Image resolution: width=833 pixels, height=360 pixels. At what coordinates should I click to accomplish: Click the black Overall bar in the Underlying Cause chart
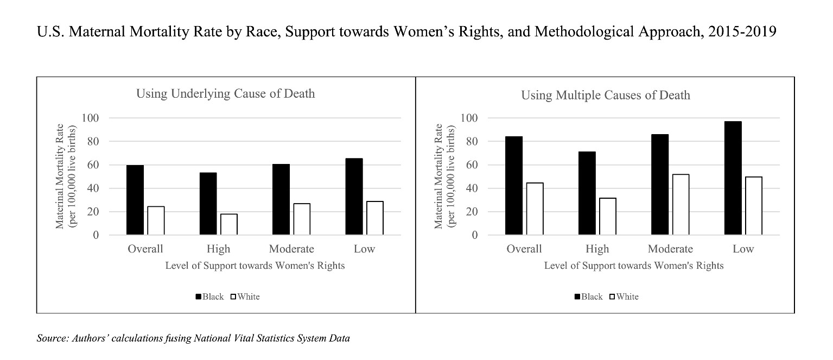click(135, 200)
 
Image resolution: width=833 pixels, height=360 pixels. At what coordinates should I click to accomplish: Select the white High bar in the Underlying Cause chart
click(228, 224)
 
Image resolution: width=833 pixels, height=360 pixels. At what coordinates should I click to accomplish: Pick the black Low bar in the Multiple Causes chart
click(732, 178)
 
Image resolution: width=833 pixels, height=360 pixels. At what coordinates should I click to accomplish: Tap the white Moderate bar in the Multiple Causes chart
click(680, 205)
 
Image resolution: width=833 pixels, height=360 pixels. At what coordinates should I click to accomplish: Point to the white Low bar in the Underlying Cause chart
click(374, 218)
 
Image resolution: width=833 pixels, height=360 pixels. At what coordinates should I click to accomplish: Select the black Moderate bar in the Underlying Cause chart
click(281, 199)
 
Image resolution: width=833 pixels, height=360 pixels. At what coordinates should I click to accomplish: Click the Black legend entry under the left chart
click(209, 296)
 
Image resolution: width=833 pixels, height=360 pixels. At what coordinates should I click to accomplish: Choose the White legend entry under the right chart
click(624, 296)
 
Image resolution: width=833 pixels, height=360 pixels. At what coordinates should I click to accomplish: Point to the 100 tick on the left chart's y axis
click(90, 118)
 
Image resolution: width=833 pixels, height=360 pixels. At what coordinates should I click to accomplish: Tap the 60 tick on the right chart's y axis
click(471, 165)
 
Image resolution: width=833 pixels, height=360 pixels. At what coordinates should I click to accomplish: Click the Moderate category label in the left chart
click(291, 249)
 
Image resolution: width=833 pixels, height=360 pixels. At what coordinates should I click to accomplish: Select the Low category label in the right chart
click(743, 249)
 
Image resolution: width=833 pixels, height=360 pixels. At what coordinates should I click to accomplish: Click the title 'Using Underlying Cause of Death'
click(225, 94)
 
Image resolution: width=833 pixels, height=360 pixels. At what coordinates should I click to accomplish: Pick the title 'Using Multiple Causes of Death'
click(606, 96)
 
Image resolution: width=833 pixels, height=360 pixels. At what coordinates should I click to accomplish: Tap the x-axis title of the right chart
click(633, 266)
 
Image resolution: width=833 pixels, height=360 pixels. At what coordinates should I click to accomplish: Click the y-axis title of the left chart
click(68, 176)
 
